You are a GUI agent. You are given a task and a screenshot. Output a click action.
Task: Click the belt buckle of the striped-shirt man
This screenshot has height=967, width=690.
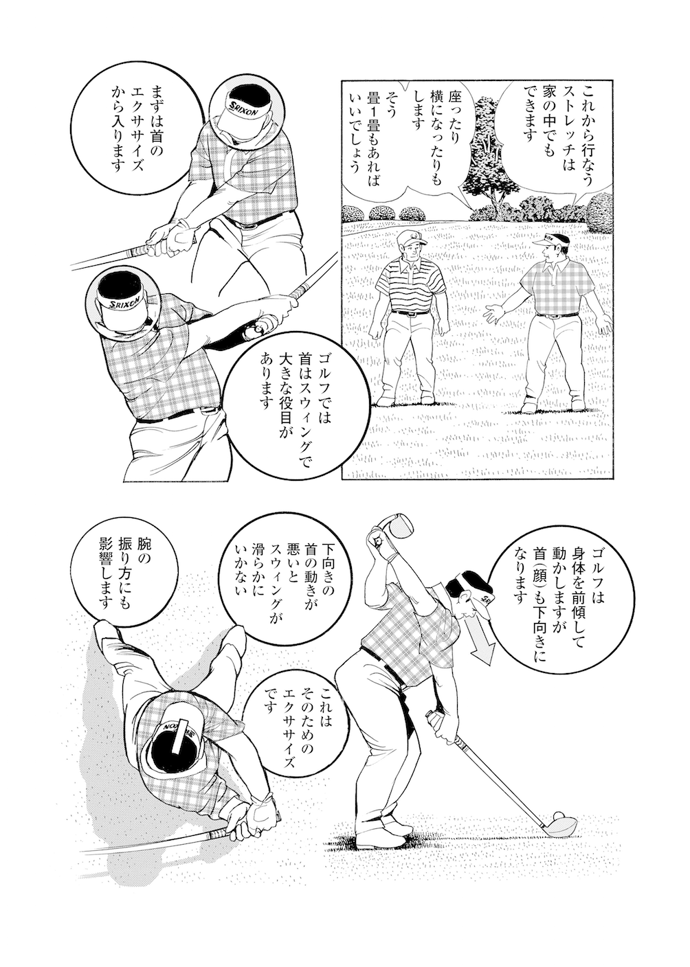pyautogui.click(x=410, y=313)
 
